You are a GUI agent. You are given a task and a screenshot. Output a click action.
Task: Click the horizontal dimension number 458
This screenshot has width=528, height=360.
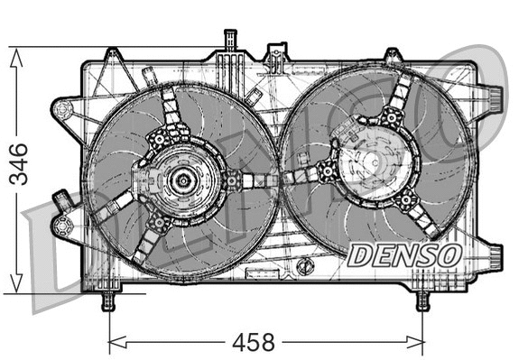(254, 344)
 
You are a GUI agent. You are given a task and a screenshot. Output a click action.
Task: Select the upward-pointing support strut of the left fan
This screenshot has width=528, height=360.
(171, 115)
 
